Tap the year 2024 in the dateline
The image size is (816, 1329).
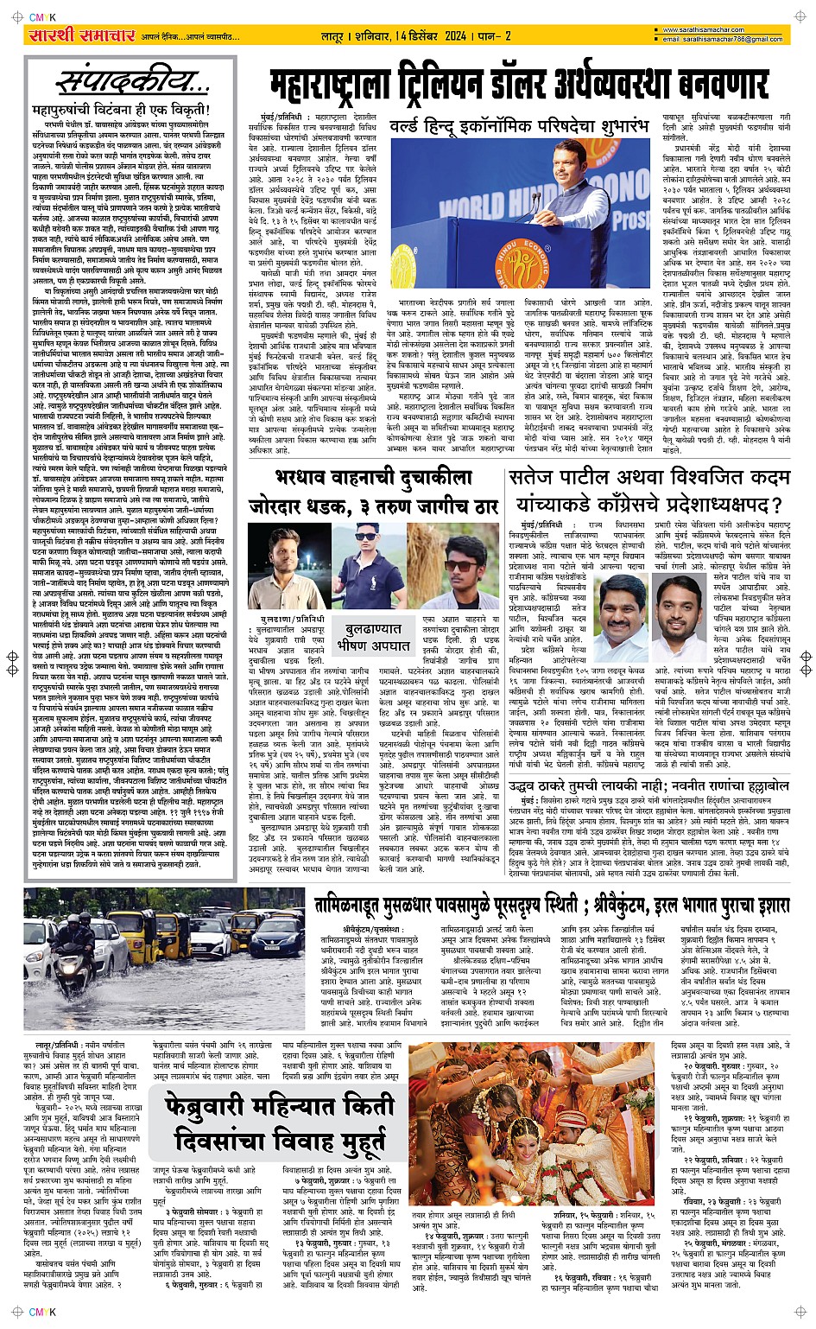coord(456,36)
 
